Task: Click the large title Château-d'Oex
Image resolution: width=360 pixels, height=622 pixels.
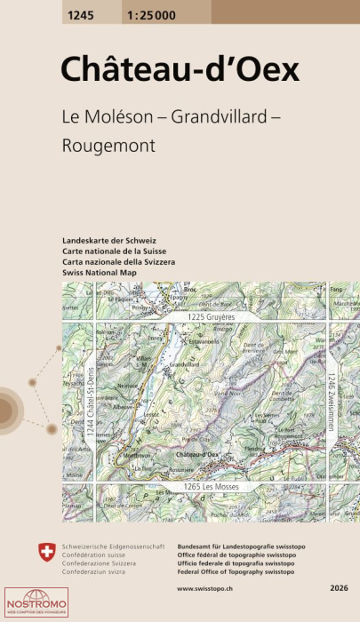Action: [180, 71]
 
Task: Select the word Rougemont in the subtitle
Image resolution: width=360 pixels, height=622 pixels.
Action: [109, 144]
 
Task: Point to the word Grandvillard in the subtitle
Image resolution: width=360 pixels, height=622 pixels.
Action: [209, 116]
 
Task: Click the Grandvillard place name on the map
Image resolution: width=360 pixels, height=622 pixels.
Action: [182, 364]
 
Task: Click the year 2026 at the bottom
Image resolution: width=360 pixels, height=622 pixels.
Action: [339, 589]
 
